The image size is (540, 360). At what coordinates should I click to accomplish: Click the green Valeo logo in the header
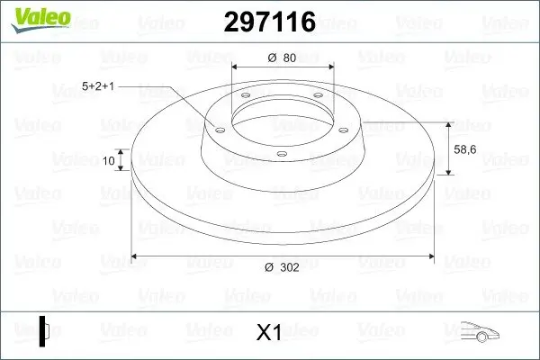click(x=40, y=20)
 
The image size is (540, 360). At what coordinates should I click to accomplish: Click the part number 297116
click(x=270, y=22)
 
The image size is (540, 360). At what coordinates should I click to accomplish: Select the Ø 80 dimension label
click(x=282, y=58)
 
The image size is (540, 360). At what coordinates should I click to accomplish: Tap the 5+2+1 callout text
click(x=98, y=86)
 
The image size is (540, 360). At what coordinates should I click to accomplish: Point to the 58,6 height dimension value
click(x=465, y=149)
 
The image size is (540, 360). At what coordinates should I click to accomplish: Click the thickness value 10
click(x=109, y=160)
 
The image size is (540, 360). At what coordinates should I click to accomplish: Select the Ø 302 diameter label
click(x=282, y=267)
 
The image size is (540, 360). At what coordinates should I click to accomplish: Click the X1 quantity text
click(x=269, y=332)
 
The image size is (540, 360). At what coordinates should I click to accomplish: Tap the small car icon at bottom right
click(x=480, y=331)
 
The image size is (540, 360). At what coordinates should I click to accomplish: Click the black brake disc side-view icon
click(x=44, y=331)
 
